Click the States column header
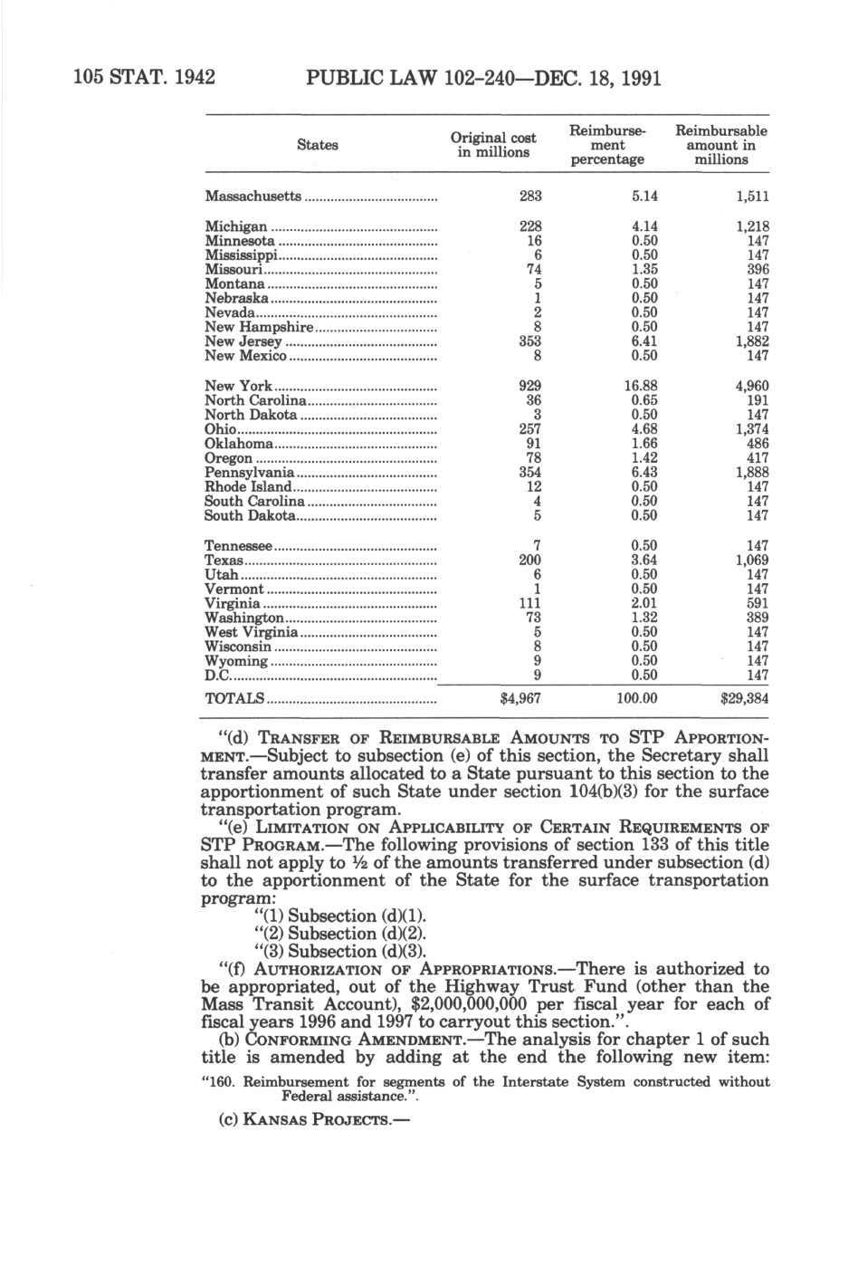[x=317, y=145]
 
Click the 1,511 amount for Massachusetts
[x=751, y=197]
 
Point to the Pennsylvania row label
[x=250, y=473]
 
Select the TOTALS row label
[x=234, y=698]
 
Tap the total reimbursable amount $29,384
[x=743, y=698]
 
